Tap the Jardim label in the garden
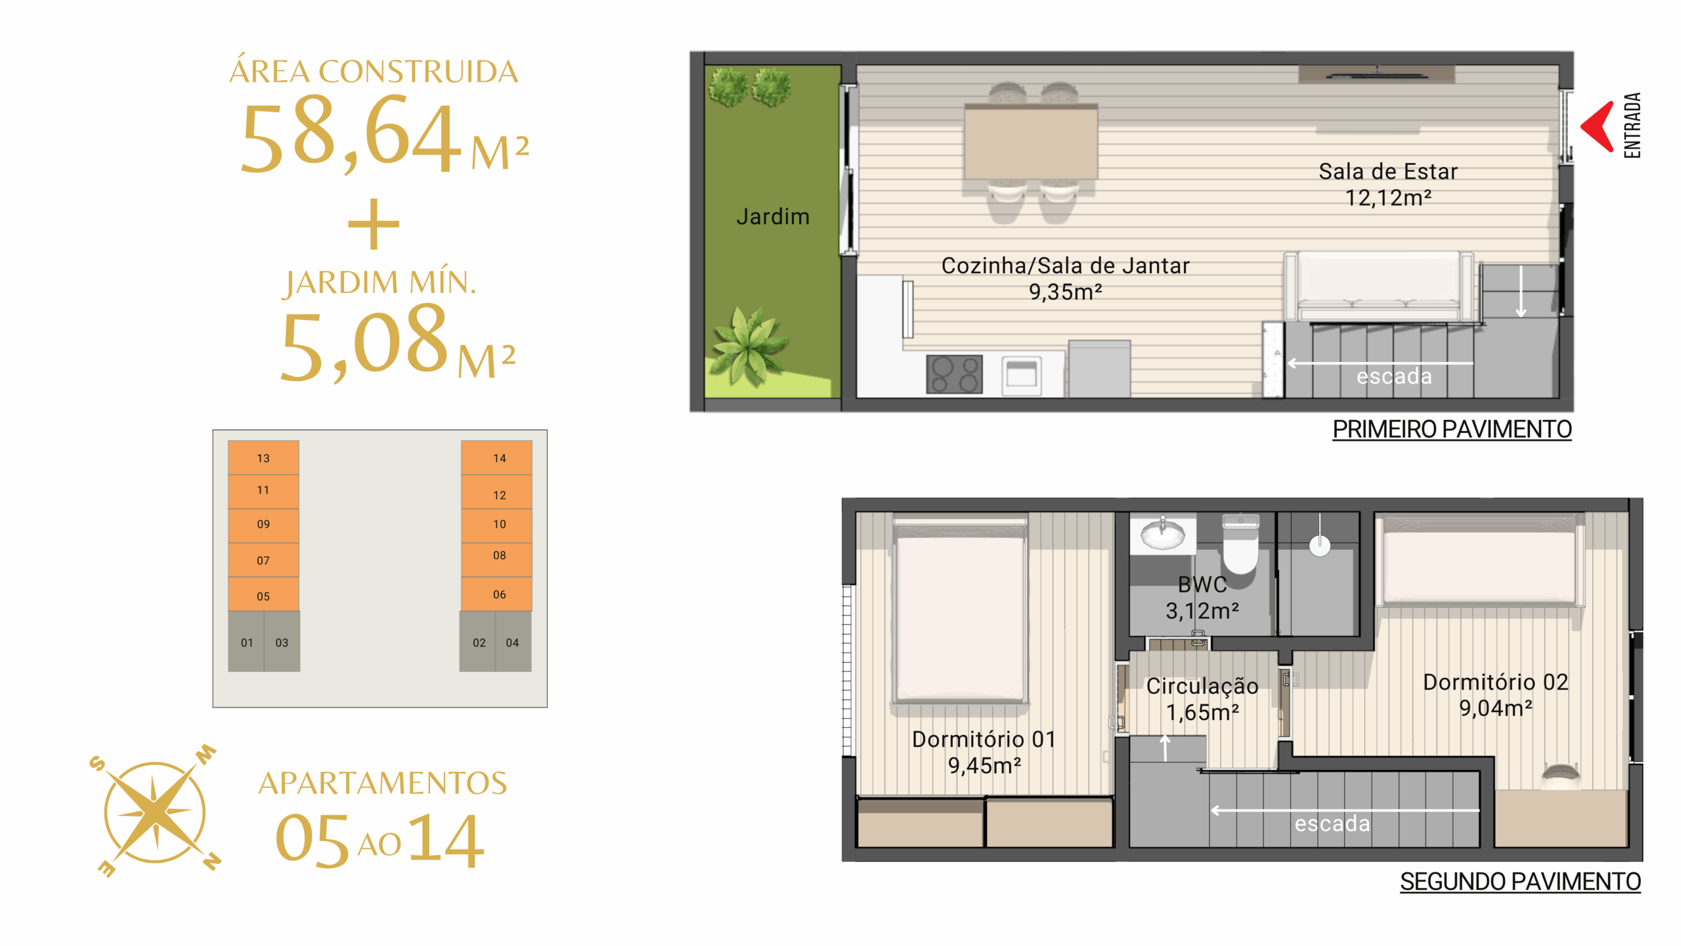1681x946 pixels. (773, 217)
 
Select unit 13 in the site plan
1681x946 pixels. (263, 457)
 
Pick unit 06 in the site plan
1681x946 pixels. (496, 594)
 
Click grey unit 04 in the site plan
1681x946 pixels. (513, 641)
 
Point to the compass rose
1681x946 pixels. (156, 812)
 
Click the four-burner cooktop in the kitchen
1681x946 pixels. (954, 374)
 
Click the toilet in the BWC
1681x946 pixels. (1240, 544)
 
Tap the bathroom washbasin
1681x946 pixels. (1163, 532)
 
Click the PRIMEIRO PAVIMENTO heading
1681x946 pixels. (1452, 430)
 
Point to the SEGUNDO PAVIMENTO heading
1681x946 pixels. (1520, 882)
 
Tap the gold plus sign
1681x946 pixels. (374, 224)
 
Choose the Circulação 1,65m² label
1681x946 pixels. (1202, 699)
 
